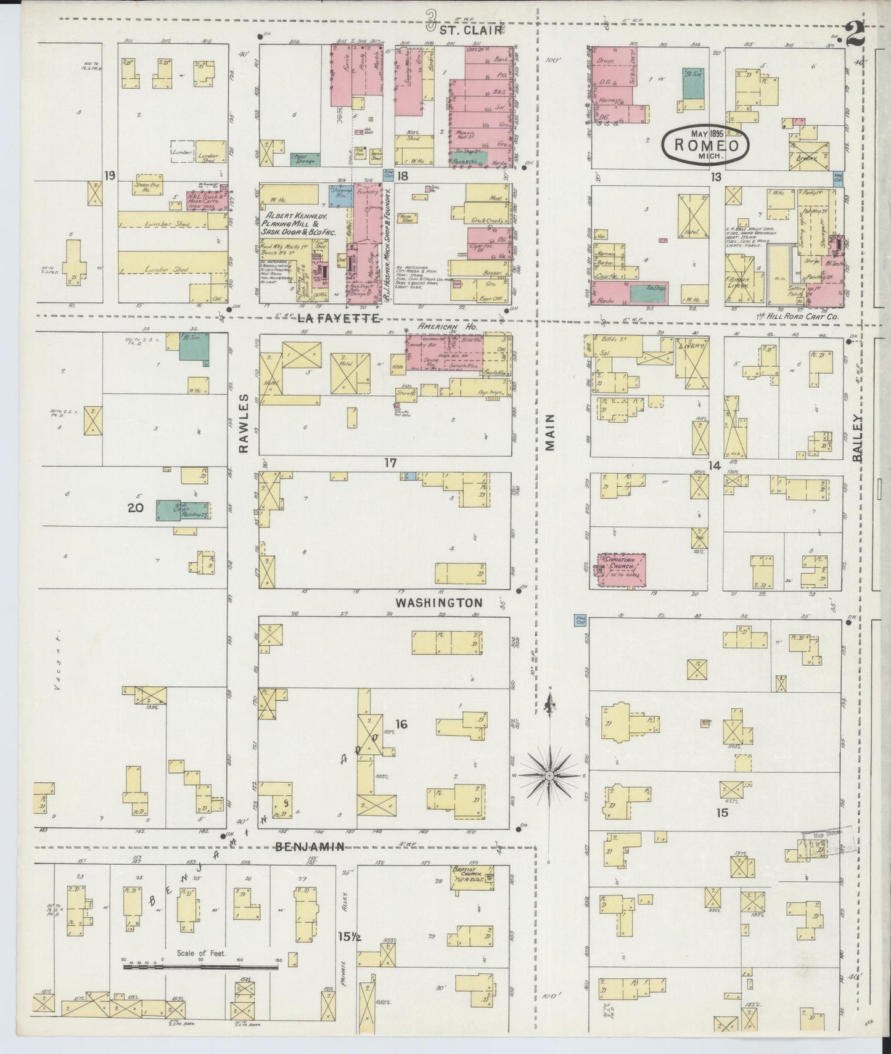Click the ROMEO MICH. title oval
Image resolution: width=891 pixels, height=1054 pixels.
(x=705, y=145)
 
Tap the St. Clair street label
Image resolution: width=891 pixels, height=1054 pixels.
(x=469, y=28)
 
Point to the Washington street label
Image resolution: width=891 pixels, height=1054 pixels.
(x=438, y=602)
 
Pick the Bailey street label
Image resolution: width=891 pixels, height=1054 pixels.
(x=859, y=438)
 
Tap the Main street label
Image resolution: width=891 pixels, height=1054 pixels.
(x=550, y=432)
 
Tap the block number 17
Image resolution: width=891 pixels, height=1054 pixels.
(x=389, y=463)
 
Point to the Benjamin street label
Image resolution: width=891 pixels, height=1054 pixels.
(x=309, y=847)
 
